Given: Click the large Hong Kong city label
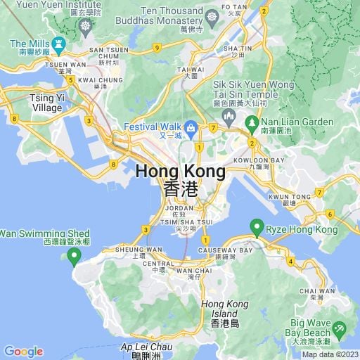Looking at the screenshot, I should [x=181, y=171].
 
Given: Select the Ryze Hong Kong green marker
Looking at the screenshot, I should [x=257, y=227].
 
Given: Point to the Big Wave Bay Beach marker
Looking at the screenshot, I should [x=340, y=328].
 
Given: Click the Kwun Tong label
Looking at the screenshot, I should [x=289, y=196].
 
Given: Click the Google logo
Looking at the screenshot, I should [x=24, y=352].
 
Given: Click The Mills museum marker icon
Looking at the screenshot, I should [x=59, y=44].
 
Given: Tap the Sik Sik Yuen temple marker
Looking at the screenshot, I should [x=227, y=115].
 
